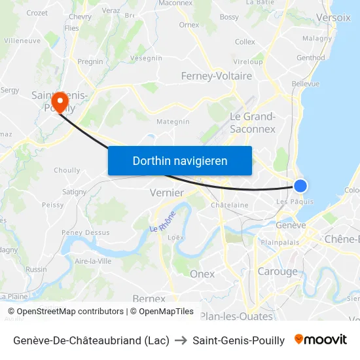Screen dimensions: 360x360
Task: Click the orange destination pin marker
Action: [x=61, y=101]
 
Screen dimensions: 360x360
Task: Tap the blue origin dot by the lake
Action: [x=300, y=186]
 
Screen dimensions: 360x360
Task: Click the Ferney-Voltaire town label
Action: [x=216, y=76]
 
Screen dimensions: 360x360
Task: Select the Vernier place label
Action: [x=166, y=192]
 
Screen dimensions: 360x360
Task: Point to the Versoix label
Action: [x=333, y=18]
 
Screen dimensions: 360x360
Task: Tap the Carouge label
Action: [x=277, y=272]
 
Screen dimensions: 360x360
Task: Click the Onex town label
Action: [x=202, y=274]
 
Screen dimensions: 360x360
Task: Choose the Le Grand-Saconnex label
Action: [x=253, y=123]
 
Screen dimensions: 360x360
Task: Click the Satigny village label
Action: [x=74, y=192]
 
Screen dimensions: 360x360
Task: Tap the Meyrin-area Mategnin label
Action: [x=173, y=121]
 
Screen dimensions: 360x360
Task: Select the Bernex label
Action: [x=149, y=298]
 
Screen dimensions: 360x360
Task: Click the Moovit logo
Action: [x=321, y=340]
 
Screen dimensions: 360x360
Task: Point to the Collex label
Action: [x=245, y=42]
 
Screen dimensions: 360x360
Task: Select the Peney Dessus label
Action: [x=85, y=232]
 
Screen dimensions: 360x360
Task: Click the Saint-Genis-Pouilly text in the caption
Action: [x=238, y=340]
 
